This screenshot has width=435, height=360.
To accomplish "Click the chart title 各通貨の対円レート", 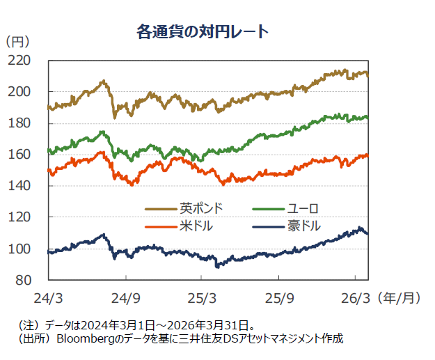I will [203, 32].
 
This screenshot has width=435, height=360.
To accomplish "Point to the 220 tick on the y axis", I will [29, 61].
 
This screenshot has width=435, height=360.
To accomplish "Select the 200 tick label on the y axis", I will [29, 92].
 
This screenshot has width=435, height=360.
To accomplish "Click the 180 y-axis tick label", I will [29, 123].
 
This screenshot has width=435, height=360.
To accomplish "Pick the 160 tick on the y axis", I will [29, 155].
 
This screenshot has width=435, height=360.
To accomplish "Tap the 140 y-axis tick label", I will [29, 186].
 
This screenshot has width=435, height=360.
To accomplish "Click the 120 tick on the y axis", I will [29, 217].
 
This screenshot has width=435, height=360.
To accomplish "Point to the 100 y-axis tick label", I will [29, 249].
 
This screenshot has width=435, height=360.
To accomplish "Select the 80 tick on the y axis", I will [32, 280].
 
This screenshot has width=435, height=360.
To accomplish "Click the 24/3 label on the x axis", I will [49, 298].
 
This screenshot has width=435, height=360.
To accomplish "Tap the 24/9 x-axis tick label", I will [126, 298].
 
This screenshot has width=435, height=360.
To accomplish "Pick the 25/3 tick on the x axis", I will [202, 298].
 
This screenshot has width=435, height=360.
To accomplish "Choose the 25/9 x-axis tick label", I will [278, 298].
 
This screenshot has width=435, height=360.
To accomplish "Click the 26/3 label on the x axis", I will [354, 298].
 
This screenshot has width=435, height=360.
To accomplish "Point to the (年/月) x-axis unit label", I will [400, 298].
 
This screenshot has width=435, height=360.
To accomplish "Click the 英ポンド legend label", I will [201, 208].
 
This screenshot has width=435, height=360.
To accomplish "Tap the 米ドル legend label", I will [196, 226].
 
